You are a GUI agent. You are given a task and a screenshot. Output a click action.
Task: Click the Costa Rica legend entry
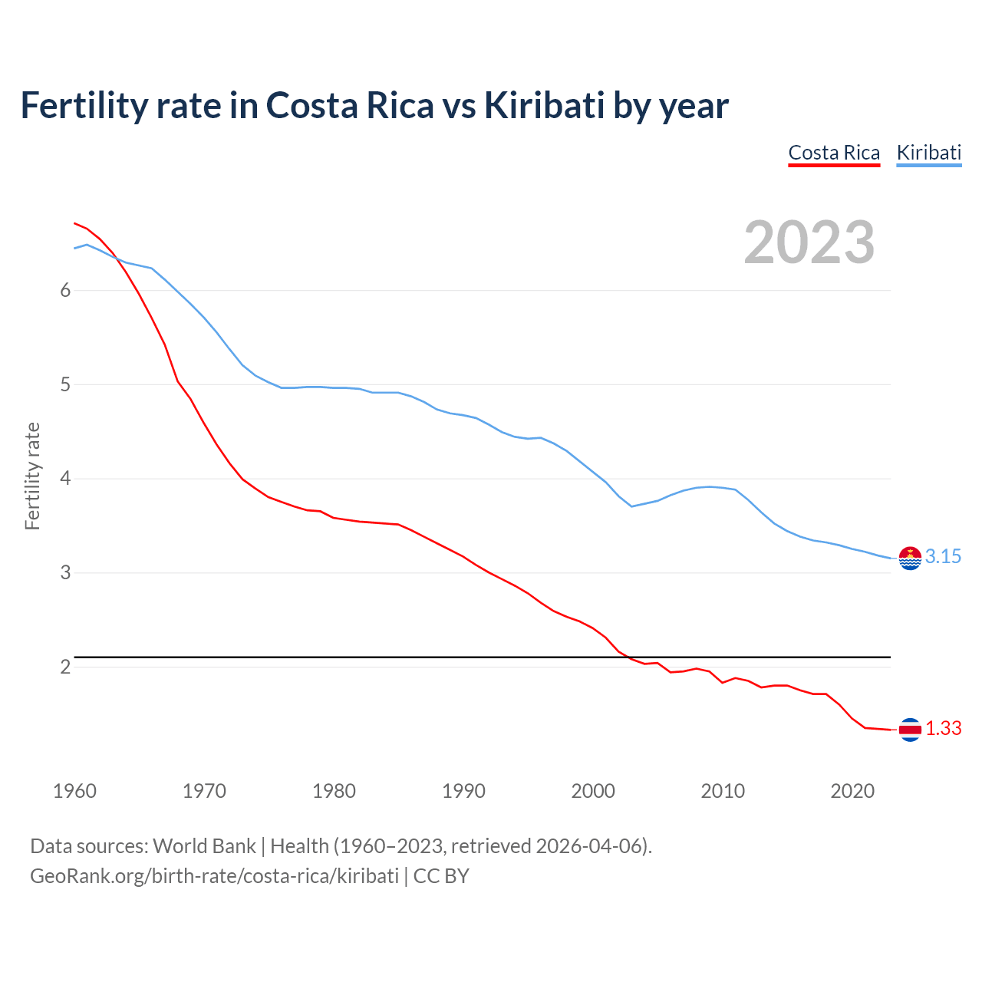(x=834, y=153)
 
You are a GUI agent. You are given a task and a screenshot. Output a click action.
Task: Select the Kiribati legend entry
(x=928, y=153)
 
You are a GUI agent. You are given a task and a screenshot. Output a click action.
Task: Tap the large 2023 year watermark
(x=809, y=242)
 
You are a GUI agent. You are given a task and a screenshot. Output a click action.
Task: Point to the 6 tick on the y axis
(x=66, y=290)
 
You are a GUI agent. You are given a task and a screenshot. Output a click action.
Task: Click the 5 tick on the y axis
(x=66, y=384)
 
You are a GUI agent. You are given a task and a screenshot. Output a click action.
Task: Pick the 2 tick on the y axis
(x=66, y=667)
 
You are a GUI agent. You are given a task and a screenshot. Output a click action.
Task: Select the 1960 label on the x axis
(x=74, y=791)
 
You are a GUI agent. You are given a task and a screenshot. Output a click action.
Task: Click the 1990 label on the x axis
(x=463, y=791)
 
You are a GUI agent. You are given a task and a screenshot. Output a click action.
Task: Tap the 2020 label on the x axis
(x=852, y=791)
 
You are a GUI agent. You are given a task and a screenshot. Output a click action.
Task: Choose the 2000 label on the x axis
(x=593, y=791)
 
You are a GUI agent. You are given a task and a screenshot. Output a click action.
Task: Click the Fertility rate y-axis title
(x=32, y=476)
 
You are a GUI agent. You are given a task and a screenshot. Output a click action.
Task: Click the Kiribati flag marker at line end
(x=910, y=559)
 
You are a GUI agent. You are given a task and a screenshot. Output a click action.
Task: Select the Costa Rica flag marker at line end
(x=910, y=730)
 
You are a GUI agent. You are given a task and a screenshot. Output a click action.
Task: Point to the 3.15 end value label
(x=943, y=557)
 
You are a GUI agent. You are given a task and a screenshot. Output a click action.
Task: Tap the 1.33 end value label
(x=943, y=729)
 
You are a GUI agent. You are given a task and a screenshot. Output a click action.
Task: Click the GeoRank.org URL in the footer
(x=214, y=876)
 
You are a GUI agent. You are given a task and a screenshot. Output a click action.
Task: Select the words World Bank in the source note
(x=204, y=846)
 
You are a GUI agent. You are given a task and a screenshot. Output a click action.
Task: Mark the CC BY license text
(x=441, y=876)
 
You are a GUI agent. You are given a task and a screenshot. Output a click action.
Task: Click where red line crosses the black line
(x=626, y=657)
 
